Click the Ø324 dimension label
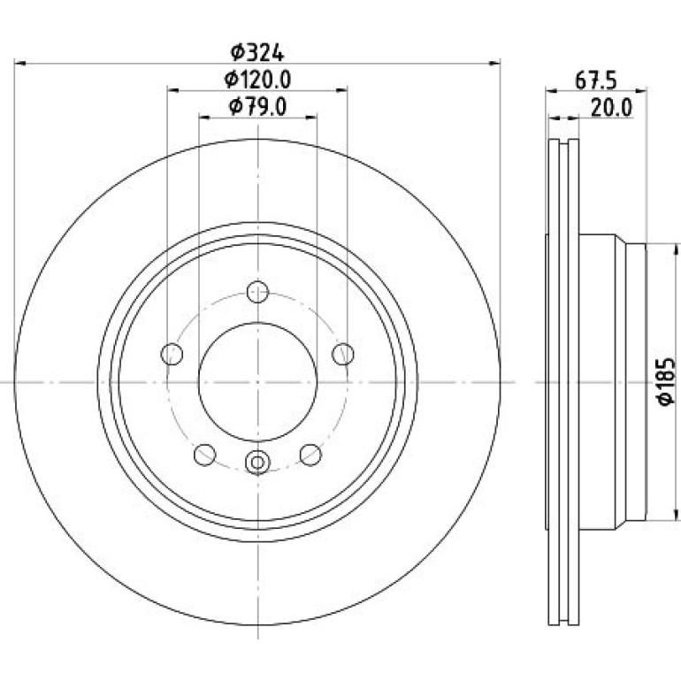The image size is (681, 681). point(257,52)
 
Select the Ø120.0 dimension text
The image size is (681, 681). point(257,80)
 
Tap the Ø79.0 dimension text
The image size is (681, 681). point(257,107)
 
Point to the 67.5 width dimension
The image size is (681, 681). point(596,80)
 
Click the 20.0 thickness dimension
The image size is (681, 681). point(611,108)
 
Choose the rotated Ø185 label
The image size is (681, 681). point(666,381)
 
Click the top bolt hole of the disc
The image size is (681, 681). point(257,292)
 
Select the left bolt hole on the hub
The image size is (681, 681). point(172,354)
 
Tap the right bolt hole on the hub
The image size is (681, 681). point(343,354)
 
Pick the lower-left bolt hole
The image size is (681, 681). point(204,455)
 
